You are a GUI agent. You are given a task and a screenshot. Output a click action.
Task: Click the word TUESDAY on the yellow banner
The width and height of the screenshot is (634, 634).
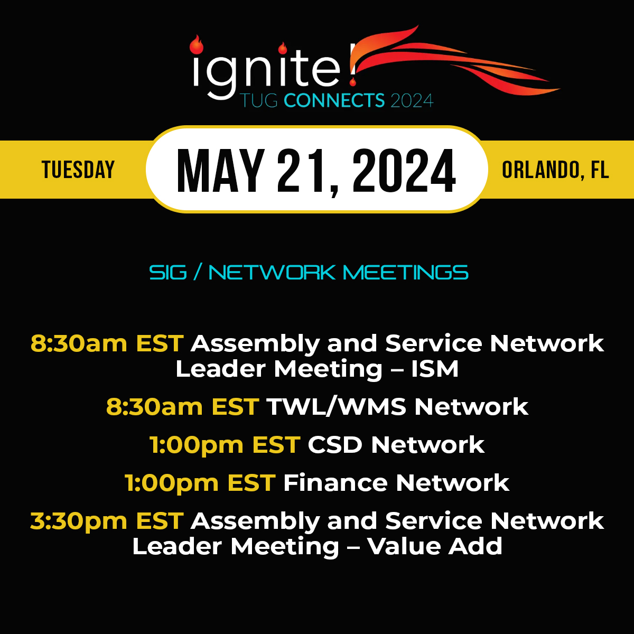click(78, 170)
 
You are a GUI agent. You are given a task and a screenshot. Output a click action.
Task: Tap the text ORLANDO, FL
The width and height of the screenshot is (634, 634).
click(555, 170)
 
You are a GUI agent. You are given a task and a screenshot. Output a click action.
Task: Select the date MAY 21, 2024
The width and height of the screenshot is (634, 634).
click(316, 170)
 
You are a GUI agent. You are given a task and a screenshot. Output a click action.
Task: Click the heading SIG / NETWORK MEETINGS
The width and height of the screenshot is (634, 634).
click(309, 273)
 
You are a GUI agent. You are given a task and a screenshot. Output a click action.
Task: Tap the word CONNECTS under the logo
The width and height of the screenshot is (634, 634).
click(334, 100)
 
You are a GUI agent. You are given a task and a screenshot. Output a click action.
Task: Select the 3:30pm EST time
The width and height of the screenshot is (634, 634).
click(107, 521)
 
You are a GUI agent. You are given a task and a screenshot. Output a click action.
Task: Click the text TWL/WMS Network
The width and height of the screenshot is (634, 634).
click(397, 407)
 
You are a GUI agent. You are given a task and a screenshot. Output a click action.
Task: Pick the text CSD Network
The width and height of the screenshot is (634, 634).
click(396, 445)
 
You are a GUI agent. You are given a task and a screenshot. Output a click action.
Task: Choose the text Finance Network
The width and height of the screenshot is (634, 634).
click(396, 483)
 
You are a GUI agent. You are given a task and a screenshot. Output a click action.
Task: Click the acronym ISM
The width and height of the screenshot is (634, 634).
click(435, 369)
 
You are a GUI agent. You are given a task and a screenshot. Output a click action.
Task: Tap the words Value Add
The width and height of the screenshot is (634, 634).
click(435, 546)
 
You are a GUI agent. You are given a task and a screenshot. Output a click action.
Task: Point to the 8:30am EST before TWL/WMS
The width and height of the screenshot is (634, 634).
click(182, 407)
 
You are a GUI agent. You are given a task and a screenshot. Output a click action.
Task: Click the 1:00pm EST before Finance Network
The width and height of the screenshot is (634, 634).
click(200, 483)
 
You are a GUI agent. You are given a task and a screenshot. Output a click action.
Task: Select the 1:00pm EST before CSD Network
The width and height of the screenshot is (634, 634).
click(225, 445)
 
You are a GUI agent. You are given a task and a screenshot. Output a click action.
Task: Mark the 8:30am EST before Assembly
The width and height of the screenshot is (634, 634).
click(107, 343)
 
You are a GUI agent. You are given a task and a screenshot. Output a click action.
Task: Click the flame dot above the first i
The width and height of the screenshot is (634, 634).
click(197, 45)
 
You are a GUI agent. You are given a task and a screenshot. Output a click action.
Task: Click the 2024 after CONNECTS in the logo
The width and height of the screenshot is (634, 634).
click(412, 100)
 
